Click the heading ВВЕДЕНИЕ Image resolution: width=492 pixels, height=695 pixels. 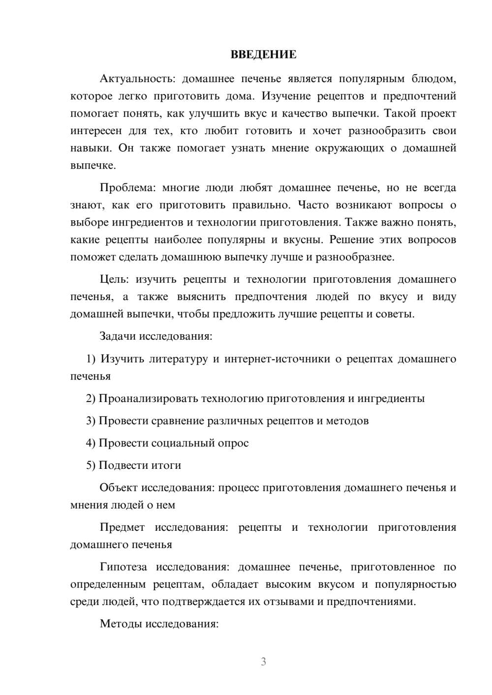[x=263, y=55]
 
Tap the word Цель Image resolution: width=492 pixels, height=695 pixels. [x=114, y=280]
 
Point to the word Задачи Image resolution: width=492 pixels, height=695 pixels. [x=118, y=337]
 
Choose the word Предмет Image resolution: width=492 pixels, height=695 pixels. [x=122, y=527]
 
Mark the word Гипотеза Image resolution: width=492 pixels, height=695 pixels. [x=123, y=567]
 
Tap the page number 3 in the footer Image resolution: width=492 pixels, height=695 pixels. [x=263, y=662]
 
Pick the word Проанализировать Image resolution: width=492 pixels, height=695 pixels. [x=149, y=399]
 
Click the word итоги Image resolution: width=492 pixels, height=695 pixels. [x=165, y=465]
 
